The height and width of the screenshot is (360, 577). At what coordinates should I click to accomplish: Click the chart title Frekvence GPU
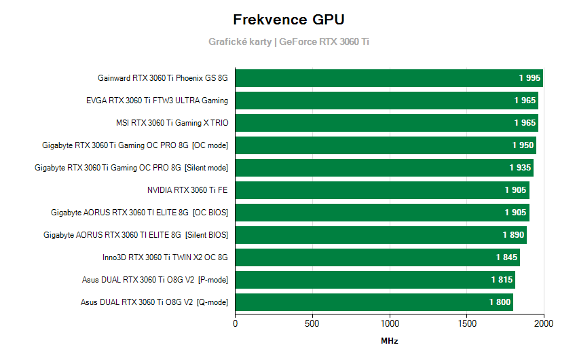[288, 19]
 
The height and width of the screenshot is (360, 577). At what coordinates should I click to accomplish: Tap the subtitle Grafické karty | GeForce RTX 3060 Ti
[288, 41]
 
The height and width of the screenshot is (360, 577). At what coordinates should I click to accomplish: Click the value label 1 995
[529, 78]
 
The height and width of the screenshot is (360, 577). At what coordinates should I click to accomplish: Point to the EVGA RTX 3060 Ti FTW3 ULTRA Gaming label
[157, 101]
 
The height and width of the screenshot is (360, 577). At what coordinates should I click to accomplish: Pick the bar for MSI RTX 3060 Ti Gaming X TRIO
[386, 123]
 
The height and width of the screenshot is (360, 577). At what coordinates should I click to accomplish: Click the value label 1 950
[523, 145]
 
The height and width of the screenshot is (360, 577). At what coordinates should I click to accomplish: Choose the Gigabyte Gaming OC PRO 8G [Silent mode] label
[131, 168]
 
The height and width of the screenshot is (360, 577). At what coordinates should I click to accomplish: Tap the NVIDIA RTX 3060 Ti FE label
[187, 190]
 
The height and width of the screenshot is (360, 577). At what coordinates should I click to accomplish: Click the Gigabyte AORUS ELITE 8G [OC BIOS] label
[139, 213]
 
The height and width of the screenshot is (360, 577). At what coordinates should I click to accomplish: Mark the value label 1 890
[513, 235]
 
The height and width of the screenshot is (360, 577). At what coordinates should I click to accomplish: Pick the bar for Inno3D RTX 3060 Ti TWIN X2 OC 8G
[377, 257]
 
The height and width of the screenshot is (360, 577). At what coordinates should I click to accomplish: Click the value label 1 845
[506, 257]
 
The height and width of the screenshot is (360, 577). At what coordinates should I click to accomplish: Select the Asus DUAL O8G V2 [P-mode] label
[155, 280]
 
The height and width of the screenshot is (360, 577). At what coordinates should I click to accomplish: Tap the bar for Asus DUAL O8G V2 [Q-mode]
[373, 302]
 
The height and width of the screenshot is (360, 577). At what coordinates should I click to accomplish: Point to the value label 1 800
[500, 302]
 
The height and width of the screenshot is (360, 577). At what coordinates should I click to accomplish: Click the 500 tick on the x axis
[312, 324]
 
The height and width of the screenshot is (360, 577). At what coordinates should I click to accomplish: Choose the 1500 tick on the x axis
[467, 324]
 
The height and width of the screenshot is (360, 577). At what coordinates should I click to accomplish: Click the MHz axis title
[389, 341]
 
